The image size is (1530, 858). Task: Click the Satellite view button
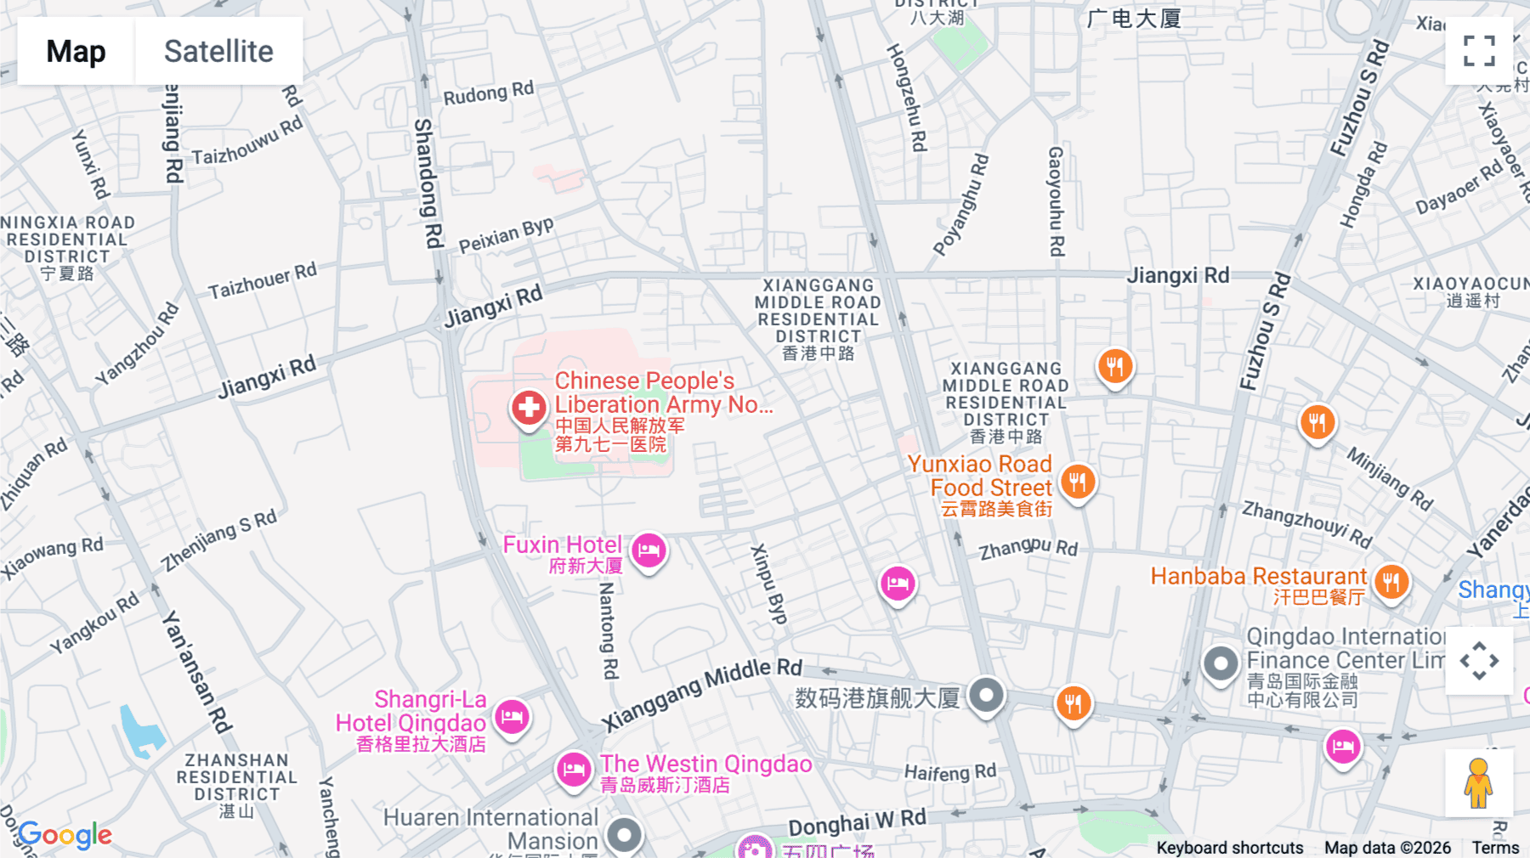[x=218, y=51]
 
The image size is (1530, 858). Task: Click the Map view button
[x=76, y=51]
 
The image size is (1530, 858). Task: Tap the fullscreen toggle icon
[x=1479, y=51]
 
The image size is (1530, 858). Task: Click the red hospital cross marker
[x=528, y=408]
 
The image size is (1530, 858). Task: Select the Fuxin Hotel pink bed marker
[x=649, y=550]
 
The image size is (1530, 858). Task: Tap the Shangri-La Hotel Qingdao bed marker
[x=512, y=717]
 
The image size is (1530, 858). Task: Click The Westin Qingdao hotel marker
[x=574, y=770]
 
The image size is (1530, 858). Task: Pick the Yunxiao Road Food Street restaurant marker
[x=1078, y=483]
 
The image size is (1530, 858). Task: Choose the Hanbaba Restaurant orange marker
[x=1391, y=583]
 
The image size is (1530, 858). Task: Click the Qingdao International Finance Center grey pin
[x=1221, y=663]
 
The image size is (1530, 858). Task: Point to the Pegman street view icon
[x=1478, y=782]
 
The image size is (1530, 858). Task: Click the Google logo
[x=65, y=835]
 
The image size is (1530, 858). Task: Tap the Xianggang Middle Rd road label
[x=702, y=694]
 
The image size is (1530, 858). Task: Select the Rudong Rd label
[x=489, y=93]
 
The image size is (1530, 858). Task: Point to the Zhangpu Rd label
[x=1028, y=549]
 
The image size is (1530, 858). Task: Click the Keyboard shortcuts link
[x=1229, y=847]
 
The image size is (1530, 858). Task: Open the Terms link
[x=1495, y=847]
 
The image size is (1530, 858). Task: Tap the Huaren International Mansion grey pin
[x=625, y=835]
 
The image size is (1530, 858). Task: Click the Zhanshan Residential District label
[x=236, y=776]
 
